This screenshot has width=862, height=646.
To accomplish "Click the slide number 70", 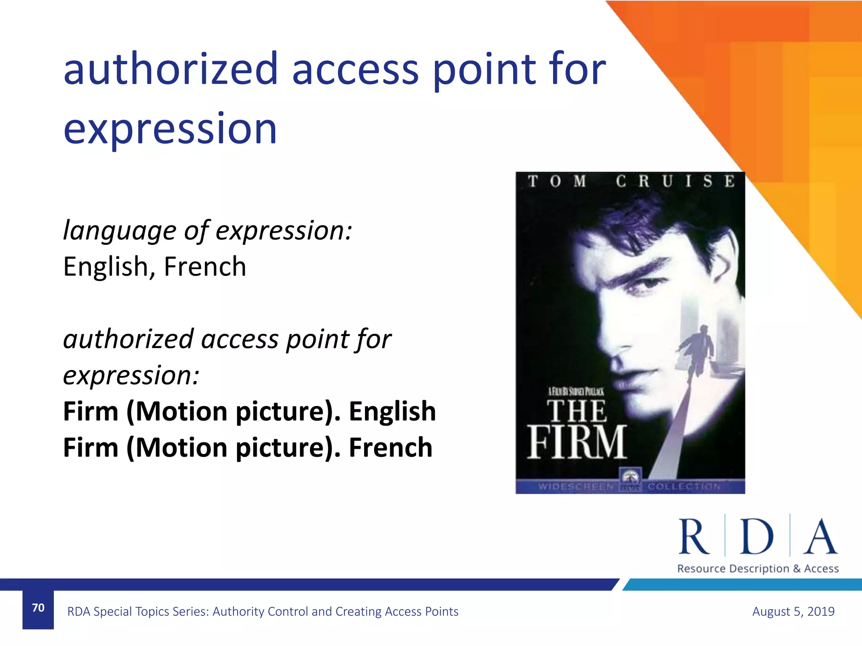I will point(38,608).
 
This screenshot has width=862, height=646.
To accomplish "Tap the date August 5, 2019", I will point(793,611).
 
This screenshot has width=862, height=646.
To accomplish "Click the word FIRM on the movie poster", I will point(577,442).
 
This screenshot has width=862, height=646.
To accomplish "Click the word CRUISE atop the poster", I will point(675,182).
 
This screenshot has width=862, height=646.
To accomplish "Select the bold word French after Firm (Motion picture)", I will point(390,447).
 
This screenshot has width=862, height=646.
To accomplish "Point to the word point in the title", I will point(484,70).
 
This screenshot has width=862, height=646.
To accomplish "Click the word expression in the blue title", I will point(170,129).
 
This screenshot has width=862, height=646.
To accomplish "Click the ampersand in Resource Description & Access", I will point(797,569).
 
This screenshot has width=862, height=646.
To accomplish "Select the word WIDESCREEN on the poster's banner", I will point(576,487).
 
